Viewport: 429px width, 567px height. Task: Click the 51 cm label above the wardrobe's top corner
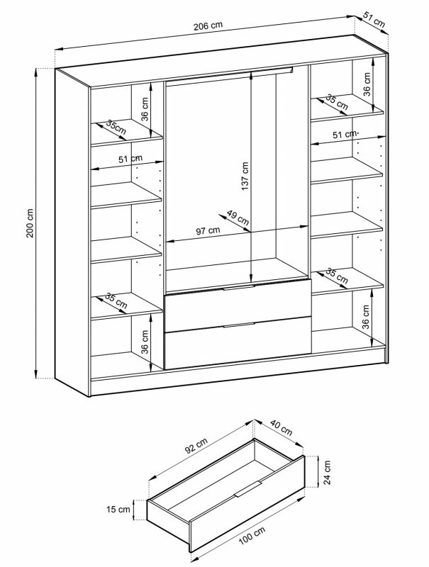coord(374,22)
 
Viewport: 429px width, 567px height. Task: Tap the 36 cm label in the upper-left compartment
coord(144,111)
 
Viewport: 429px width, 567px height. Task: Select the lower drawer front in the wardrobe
coord(238,347)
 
